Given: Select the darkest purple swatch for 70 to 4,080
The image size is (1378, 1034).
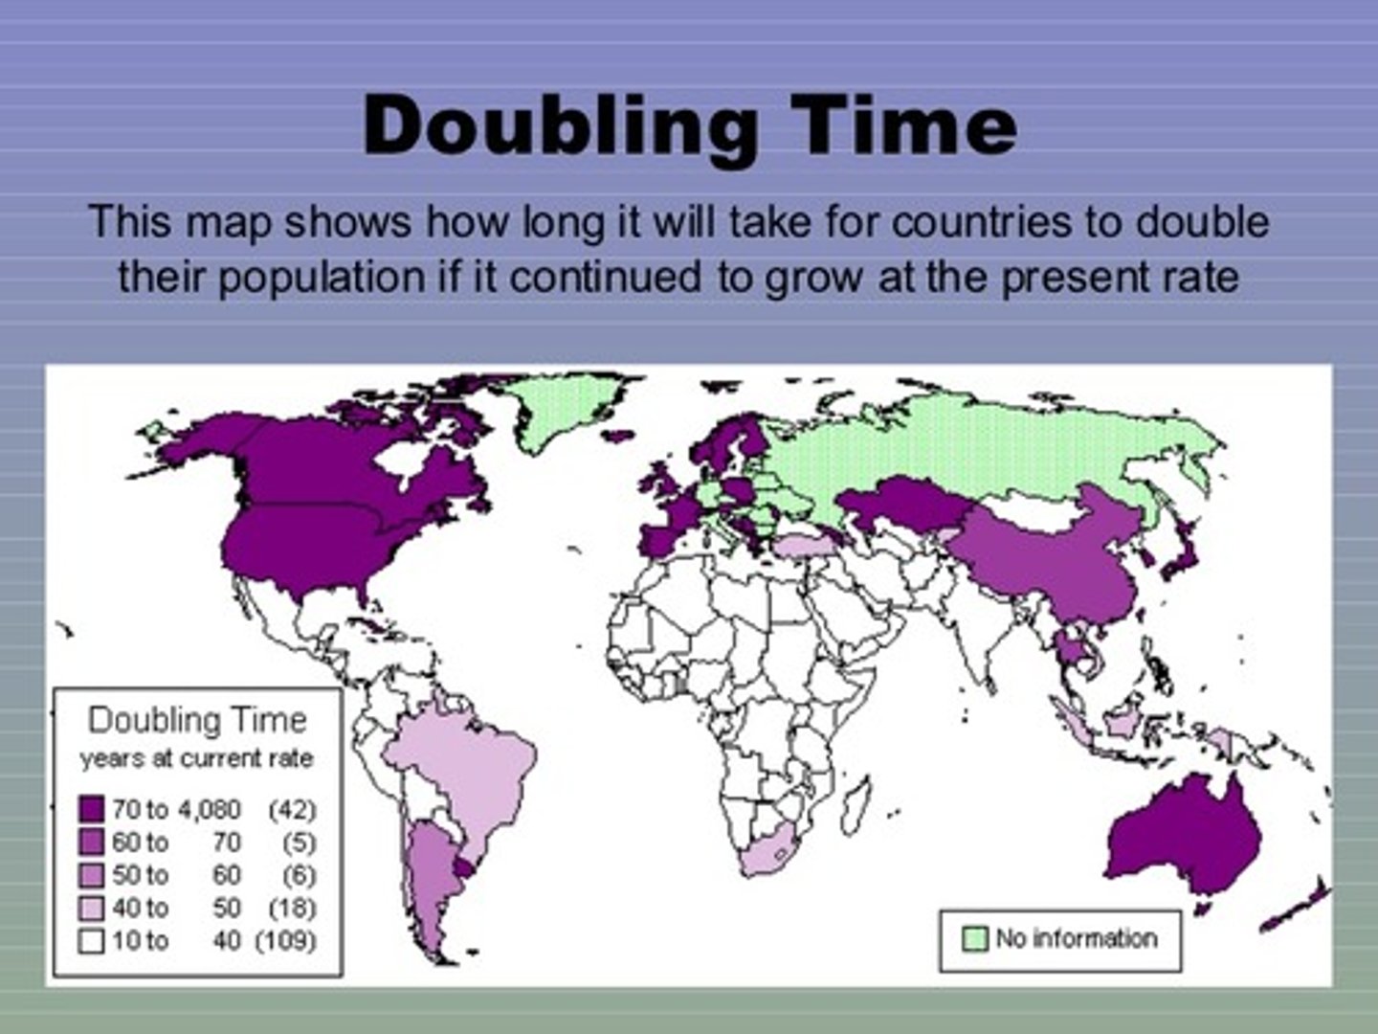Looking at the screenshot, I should [92, 810].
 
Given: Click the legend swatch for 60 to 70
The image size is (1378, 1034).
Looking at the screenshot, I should [92, 843].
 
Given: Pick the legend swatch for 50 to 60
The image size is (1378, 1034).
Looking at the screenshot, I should [92, 875].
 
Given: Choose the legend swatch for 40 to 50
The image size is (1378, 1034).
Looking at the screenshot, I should [92, 908].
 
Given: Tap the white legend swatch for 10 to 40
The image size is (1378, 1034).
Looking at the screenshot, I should [92, 940].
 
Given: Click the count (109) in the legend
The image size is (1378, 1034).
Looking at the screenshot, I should [285, 940].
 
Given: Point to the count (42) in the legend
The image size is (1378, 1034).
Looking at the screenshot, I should [292, 810].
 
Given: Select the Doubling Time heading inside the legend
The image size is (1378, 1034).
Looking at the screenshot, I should [197, 720].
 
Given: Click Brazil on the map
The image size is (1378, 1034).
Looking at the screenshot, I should [469, 766].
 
